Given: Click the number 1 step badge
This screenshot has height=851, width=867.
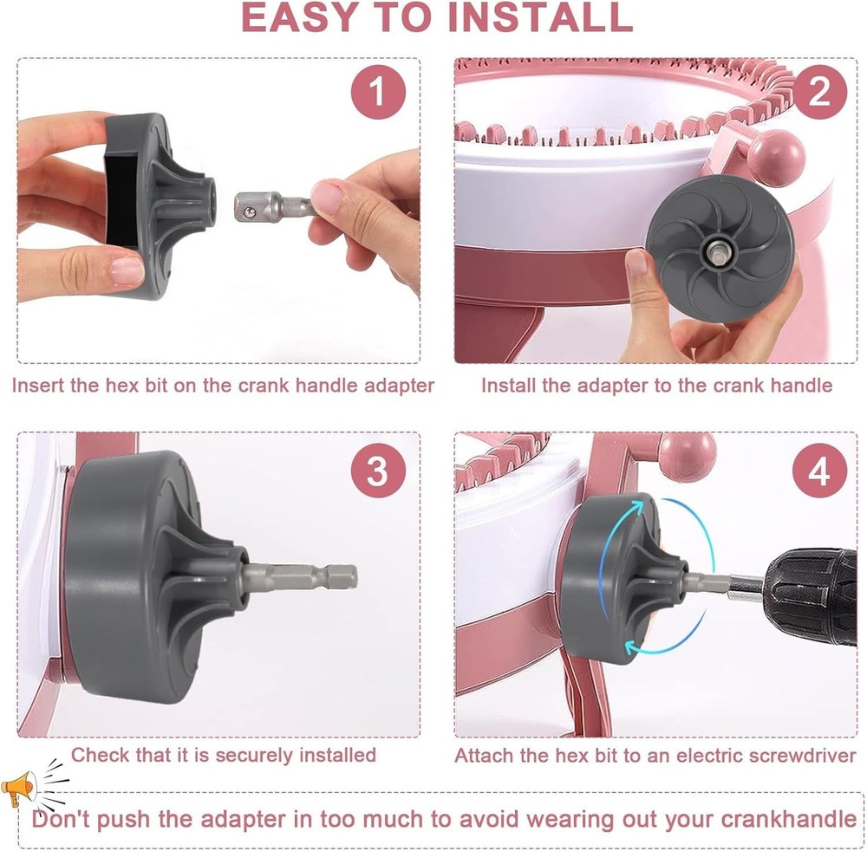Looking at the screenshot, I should coord(378,91).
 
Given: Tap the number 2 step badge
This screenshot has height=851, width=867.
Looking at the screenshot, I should coord(819,91).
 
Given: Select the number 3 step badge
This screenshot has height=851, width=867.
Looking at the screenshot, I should coord(378,472).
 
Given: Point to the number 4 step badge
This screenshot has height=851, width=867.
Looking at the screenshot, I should coord(819,472).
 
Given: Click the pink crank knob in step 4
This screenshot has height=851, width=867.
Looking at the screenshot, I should coord(688,456).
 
